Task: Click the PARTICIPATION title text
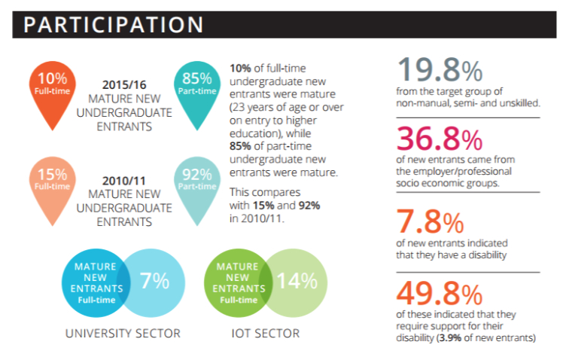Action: coord(113,24)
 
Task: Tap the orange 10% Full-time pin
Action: coord(52,85)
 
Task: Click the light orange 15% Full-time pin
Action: coord(52,178)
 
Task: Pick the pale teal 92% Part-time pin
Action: coord(196,178)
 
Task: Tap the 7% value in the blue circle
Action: coord(154,280)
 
